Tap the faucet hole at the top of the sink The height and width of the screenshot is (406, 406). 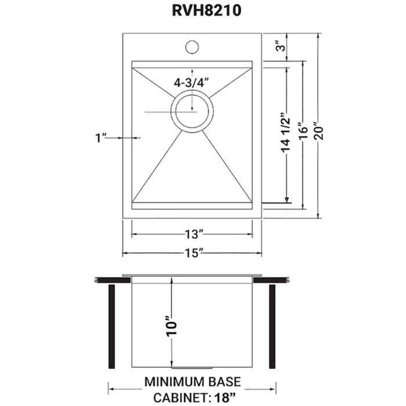coord(191,46)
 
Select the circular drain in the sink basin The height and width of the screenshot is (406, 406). coord(192,111)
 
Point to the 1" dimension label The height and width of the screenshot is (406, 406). coord(103,137)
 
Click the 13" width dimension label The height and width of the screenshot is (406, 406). coord(192,234)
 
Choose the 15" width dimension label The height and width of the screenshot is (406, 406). coord(192,253)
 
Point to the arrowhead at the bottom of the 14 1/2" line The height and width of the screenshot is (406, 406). coord(287,200)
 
